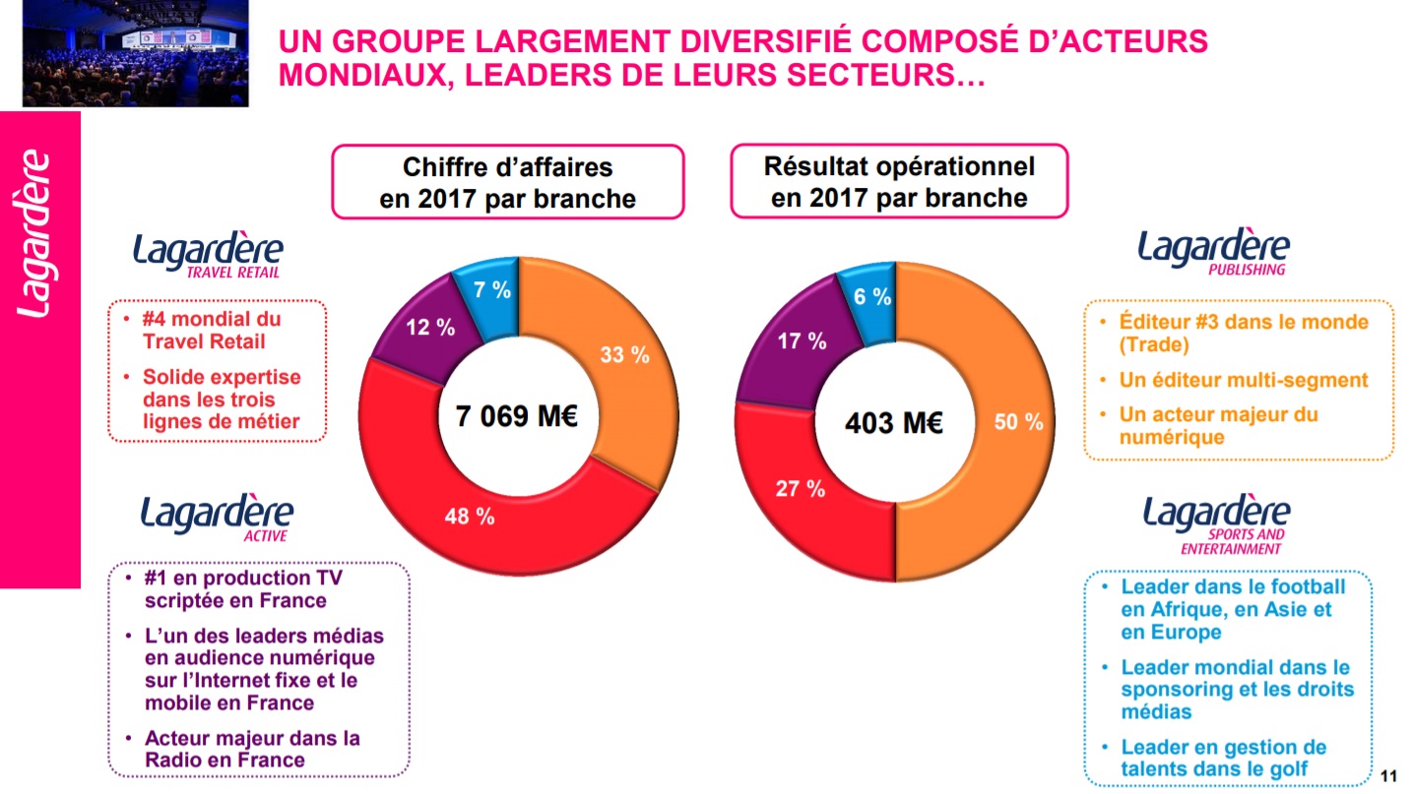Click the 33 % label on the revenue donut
click(625, 355)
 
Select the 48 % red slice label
click(470, 515)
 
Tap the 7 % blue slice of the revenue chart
click(491, 290)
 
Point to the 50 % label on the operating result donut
click(1018, 422)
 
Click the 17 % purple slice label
click(802, 340)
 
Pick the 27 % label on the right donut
click(801, 488)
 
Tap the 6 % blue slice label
click(872, 296)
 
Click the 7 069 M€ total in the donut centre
click(516, 416)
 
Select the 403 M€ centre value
click(894, 423)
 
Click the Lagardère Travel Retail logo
click(208, 254)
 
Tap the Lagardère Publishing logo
click(1213, 251)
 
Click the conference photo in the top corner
click(136, 53)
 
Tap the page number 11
click(1389, 772)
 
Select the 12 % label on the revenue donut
click(430, 328)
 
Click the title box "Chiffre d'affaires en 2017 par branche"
click(507, 182)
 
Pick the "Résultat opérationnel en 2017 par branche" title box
click(899, 181)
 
